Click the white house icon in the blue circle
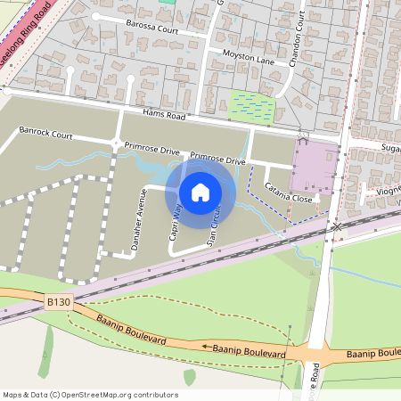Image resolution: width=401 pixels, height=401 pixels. tap(200, 192)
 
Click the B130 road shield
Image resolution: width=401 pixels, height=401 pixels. tap(59, 303)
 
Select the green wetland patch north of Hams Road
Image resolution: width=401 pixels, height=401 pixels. tap(254, 105)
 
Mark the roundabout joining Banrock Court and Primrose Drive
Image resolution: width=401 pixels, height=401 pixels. tap(116, 143)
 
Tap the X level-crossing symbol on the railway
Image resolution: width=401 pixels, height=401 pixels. tap(336, 228)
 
